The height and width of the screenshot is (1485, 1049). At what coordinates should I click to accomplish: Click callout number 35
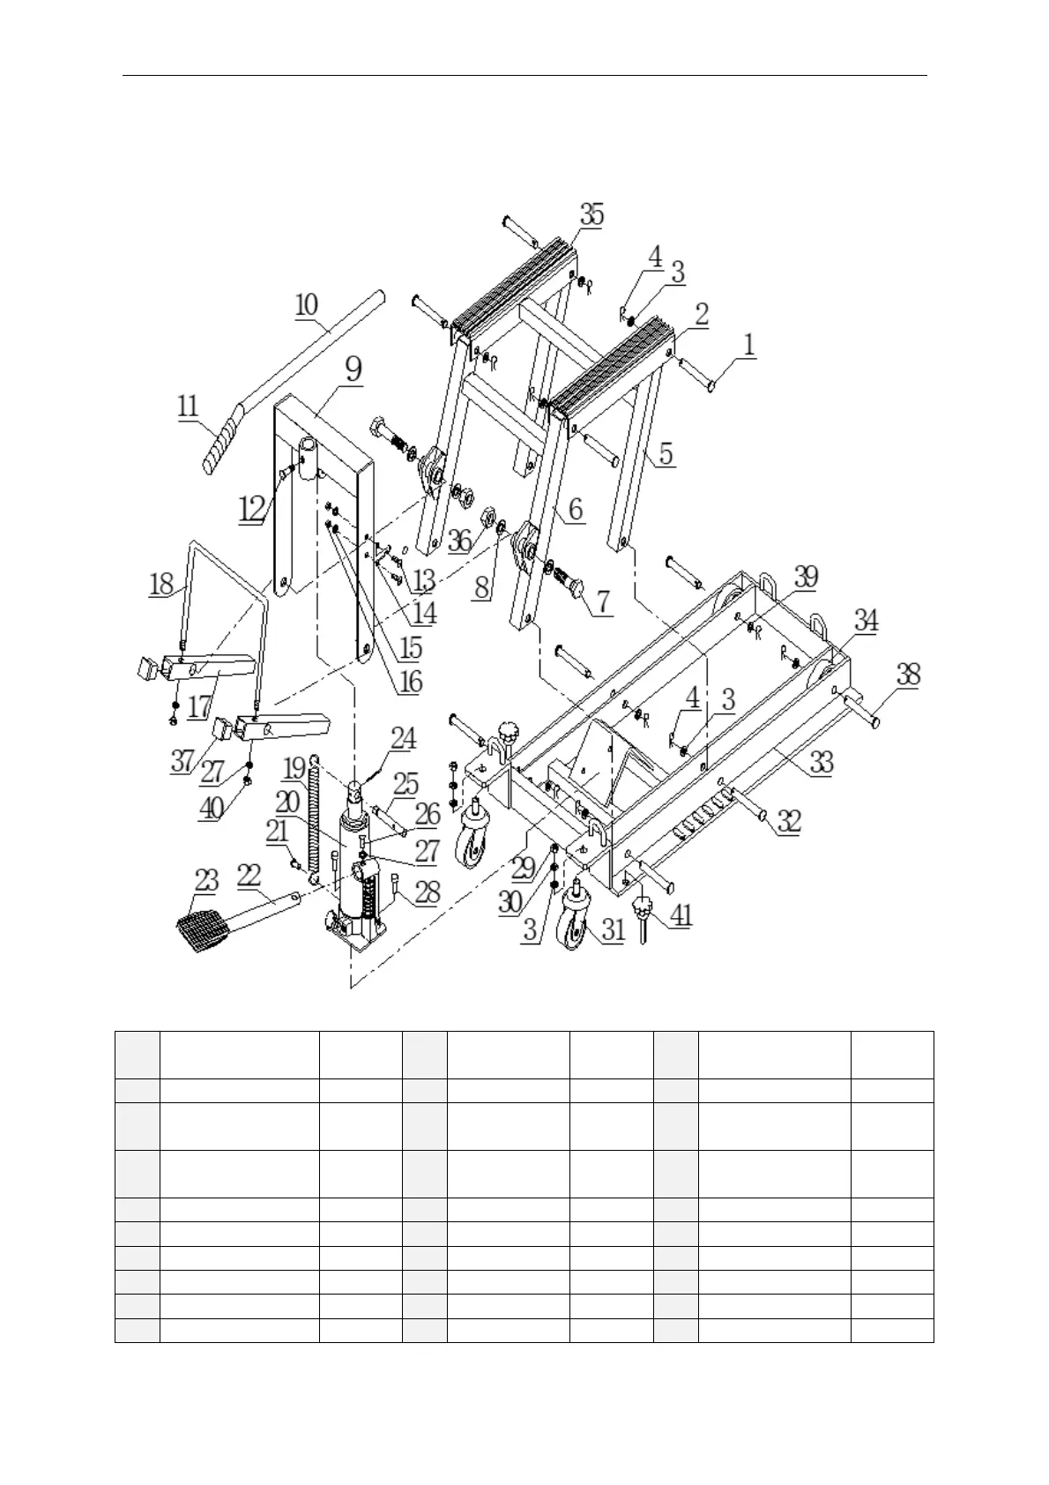(x=591, y=214)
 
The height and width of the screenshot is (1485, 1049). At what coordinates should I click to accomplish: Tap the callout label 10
(x=306, y=305)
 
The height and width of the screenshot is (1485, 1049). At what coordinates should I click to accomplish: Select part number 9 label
(x=353, y=369)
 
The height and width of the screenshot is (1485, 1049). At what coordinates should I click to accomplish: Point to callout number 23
(x=206, y=879)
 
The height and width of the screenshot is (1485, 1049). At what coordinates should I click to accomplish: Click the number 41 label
(x=680, y=915)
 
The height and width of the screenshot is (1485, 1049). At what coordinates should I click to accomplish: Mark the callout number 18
(x=161, y=585)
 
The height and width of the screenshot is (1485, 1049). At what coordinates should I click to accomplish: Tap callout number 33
(x=821, y=762)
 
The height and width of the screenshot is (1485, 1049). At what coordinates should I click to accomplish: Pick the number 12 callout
(x=252, y=508)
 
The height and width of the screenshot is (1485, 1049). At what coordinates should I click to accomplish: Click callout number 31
(x=613, y=928)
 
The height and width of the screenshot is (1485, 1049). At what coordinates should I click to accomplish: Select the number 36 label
(x=459, y=540)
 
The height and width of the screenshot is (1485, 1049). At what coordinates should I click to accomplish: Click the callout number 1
(x=748, y=345)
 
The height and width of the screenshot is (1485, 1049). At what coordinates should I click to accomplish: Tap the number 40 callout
(x=210, y=808)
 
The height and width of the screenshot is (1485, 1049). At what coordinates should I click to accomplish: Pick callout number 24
(x=403, y=738)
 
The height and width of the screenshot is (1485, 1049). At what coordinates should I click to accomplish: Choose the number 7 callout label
(x=603, y=601)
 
